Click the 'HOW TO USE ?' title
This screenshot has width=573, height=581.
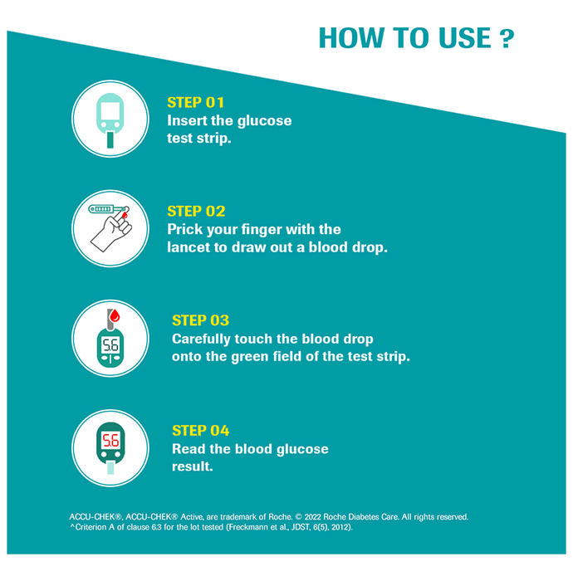tap(417, 38)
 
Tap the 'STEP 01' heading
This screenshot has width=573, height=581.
tap(195, 103)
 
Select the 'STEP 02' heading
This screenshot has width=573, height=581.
tap(196, 211)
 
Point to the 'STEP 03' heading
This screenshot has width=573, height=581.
tap(200, 320)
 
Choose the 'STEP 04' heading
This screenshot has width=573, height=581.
tap(200, 431)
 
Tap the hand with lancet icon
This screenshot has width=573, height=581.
tap(110, 228)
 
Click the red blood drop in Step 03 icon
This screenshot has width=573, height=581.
tap(115, 315)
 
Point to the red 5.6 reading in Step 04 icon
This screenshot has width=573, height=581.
tap(110, 441)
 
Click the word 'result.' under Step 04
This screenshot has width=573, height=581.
tap(193, 466)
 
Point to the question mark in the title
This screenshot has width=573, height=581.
tap(507, 39)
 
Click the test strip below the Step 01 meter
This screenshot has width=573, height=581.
tap(110, 139)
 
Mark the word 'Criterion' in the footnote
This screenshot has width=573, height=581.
tap(91, 527)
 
